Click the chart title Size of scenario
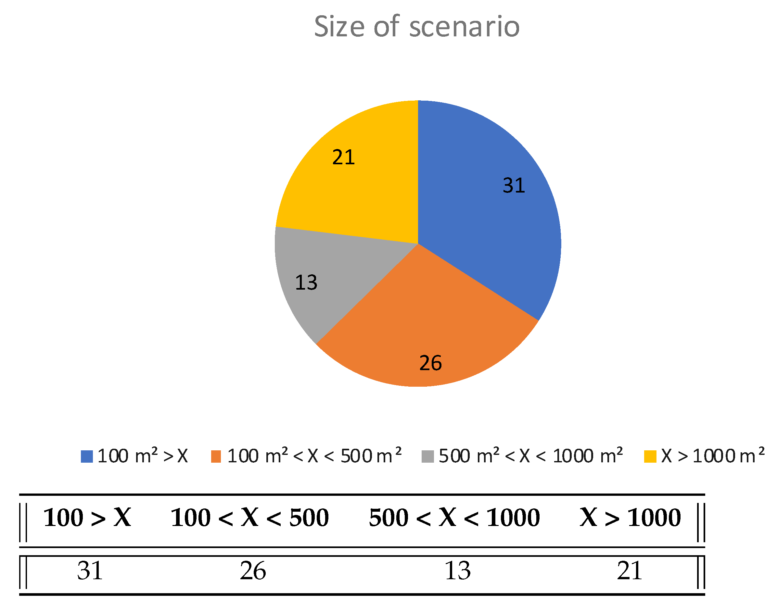click(416, 27)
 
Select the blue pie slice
click(488, 215)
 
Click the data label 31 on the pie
click(514, 185)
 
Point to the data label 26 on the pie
click(430, 363)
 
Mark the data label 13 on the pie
click(306, 282)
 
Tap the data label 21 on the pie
click(344, 157)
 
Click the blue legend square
click(87, 457)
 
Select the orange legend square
click(216, 457)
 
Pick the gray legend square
click(427, 457)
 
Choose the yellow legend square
click(650, 457)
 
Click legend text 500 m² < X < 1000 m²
click(530, 456)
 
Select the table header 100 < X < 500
click(249, 518)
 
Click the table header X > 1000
click(630, 518)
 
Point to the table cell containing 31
click(90, 571)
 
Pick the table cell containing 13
click(457, 571)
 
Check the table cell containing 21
click(630, 571)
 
